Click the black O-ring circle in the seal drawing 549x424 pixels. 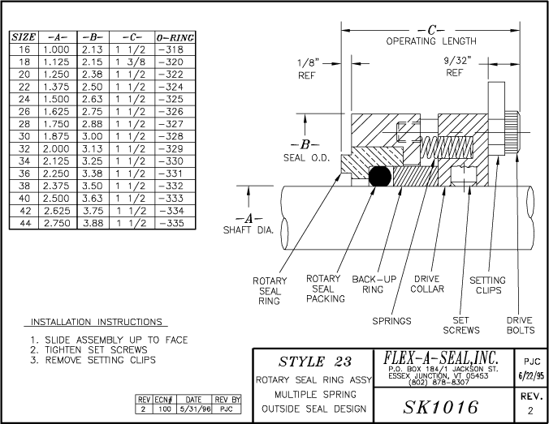pyautogui.click(x=378, y=177)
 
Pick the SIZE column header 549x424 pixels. pyautogui.click(x=24, y=38)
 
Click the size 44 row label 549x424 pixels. pyautogui.click(x=24, y=221)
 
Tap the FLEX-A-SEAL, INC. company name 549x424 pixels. pyautogui.click(x=440, y=358)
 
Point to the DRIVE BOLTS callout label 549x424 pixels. pyautogui.click(x=520, y=324)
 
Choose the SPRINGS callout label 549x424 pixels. pyautogui.click(x=391, y=321)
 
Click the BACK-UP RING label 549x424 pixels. pyautogui.click(x=374, y=285)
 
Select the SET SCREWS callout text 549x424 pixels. pyautogui.click(x=460, y=324)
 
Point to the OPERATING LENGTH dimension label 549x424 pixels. pyautogui.click(x=430, y=41)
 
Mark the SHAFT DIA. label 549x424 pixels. pyautogui.click(x=249, y=229)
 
